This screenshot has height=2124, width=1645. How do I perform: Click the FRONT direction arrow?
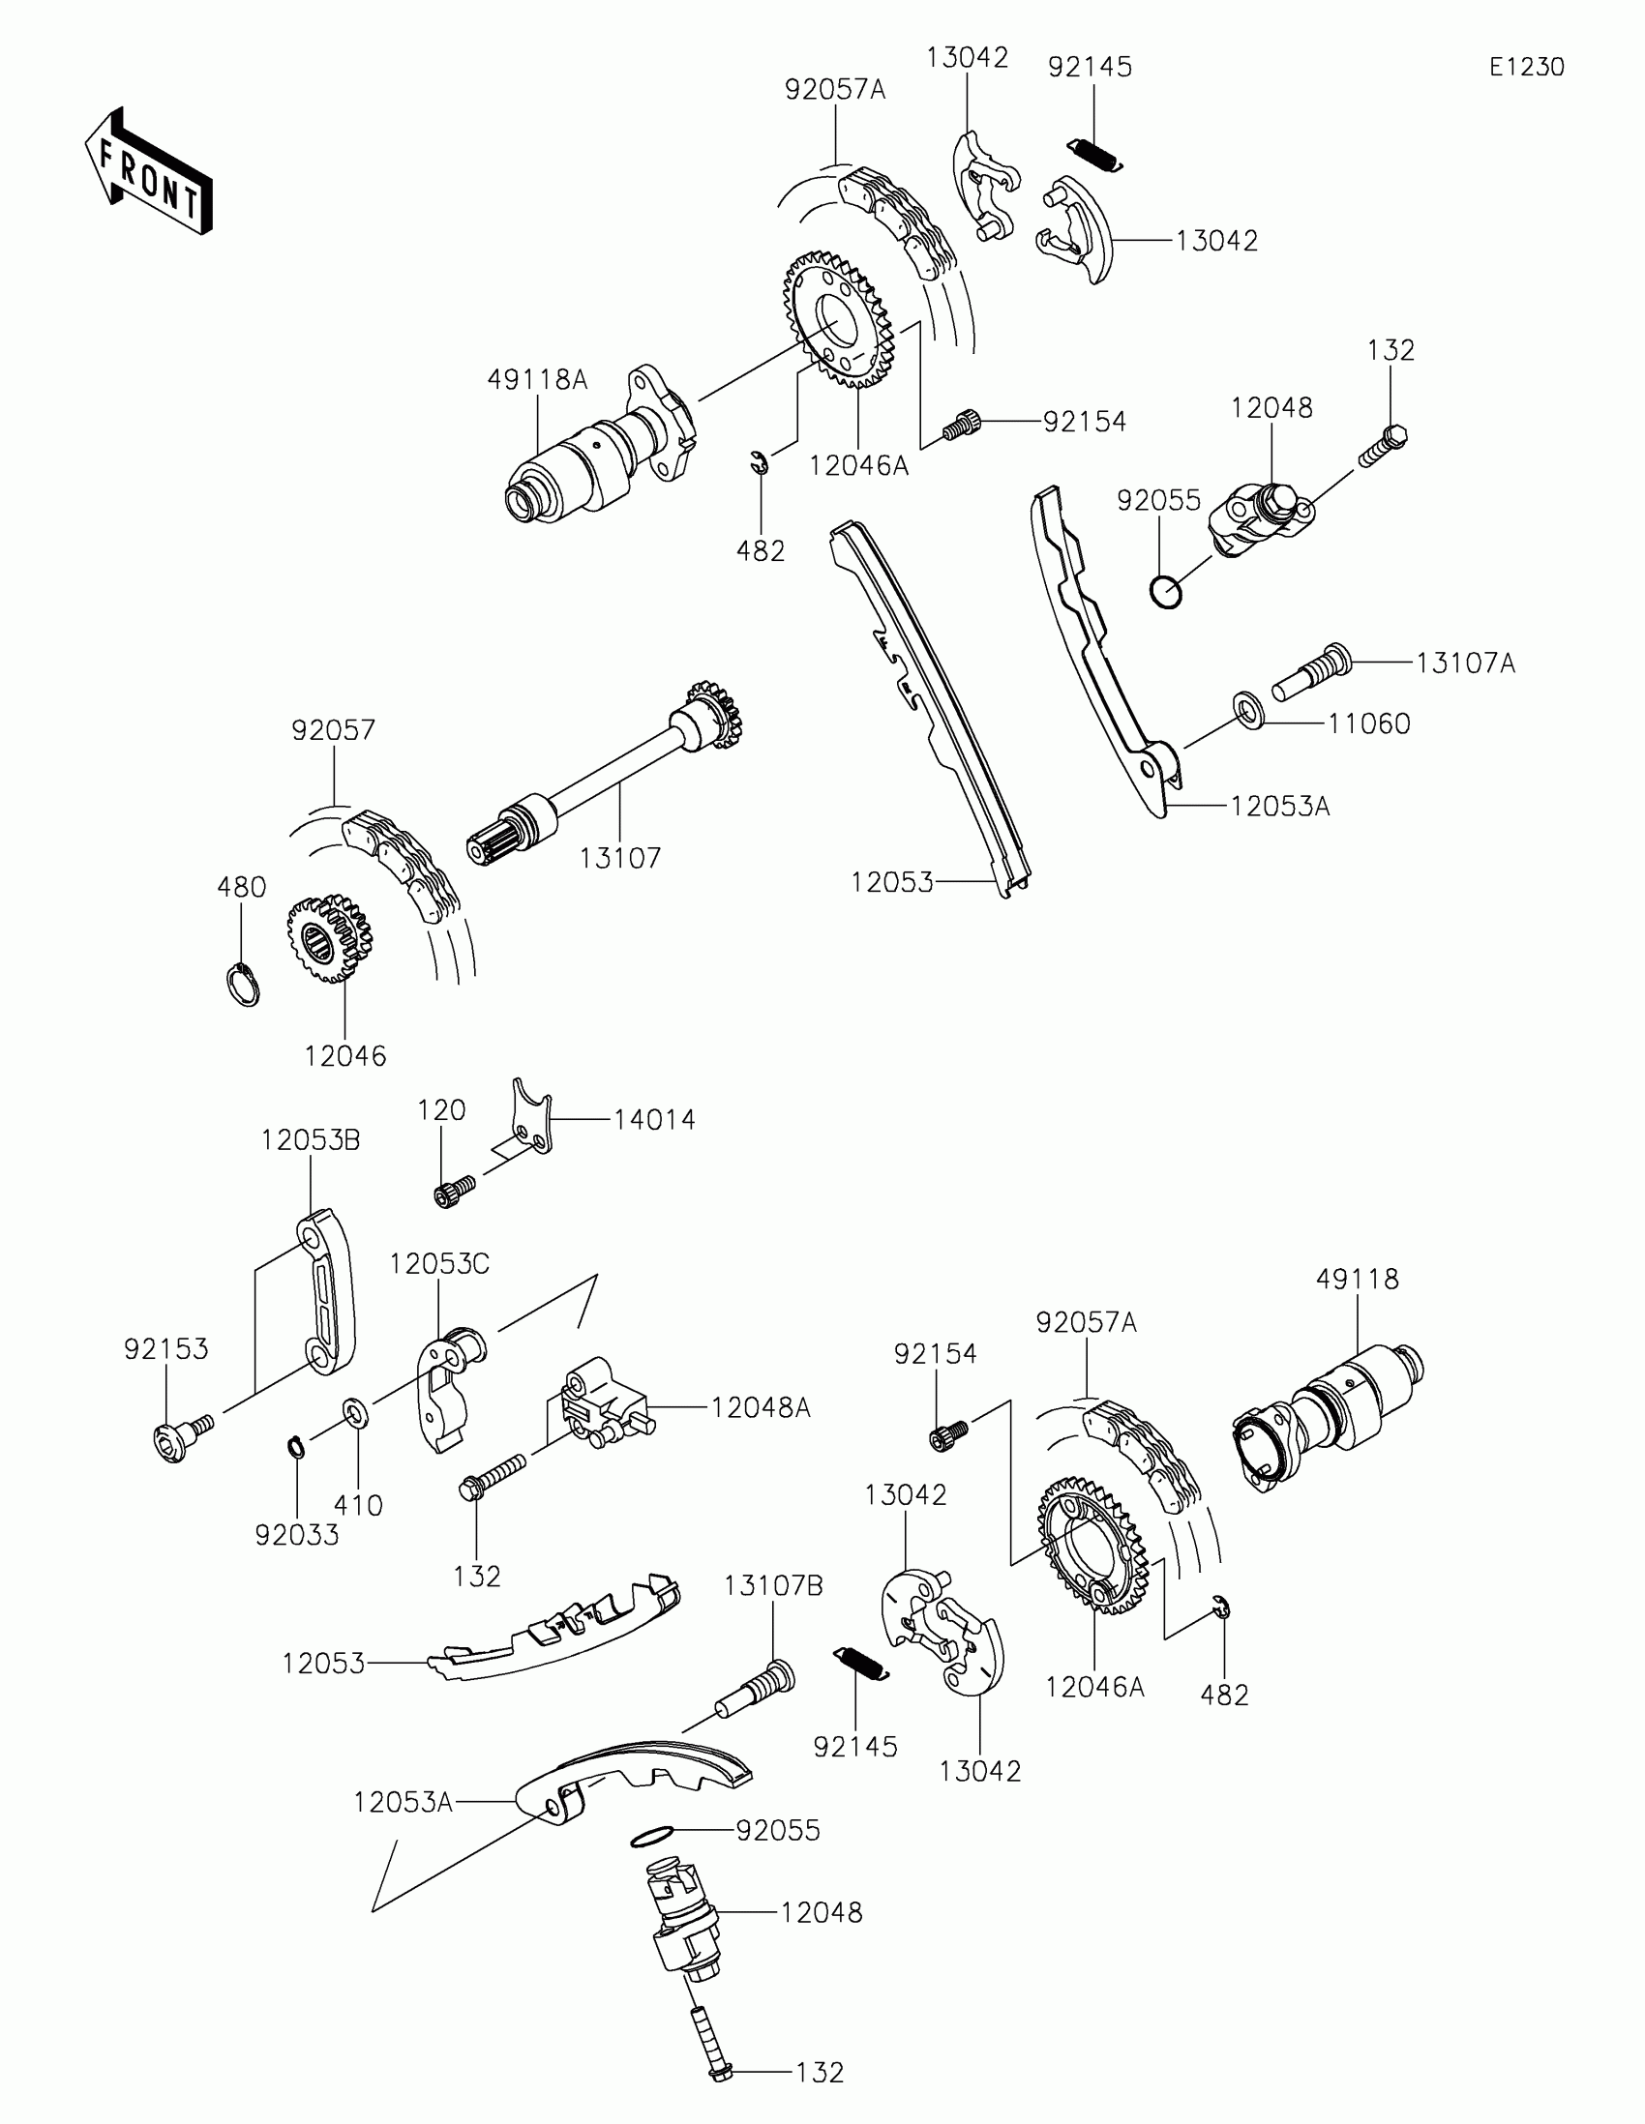148,172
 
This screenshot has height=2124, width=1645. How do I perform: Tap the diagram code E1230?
1526,67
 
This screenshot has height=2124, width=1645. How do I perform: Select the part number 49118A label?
537,379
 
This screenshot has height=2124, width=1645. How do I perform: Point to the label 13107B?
772,1586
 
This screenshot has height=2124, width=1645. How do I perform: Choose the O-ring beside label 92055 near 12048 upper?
1165,591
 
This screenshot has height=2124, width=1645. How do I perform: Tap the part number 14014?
654,1120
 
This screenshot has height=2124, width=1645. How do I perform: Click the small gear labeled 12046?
328,937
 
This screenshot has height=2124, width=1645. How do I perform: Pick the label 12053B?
311,1139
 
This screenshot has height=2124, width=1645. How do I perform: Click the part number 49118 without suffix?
1357,1279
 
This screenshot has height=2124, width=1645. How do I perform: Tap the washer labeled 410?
354,1413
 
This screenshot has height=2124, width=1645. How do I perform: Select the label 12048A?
761,1407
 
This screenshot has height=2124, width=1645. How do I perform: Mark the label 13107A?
1465,664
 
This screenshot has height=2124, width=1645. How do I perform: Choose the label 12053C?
438,1264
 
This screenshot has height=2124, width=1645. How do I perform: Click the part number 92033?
297,1535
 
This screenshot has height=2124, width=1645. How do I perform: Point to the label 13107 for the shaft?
619,858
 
